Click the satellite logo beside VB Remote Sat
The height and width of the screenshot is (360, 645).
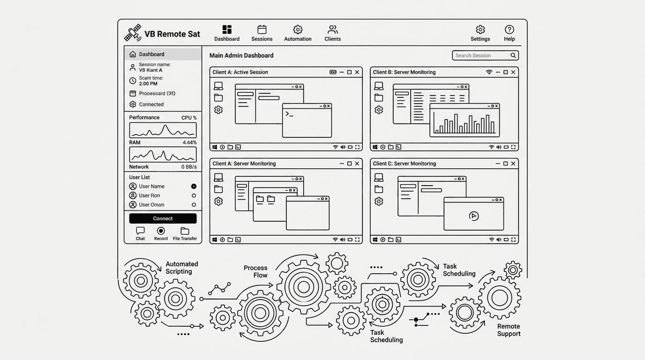pos(133,33)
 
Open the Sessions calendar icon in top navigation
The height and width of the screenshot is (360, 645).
pos(262,30)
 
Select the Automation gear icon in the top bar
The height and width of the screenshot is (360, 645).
pos(298,30)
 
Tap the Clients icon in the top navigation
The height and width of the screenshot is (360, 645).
pos(333,30)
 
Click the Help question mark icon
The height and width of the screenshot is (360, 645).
pos(509,30)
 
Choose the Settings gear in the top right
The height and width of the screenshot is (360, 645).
pos(480,30)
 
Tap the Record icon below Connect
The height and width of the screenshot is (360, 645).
pos(161,231)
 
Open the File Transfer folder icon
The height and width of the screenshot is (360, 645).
pos(185,231)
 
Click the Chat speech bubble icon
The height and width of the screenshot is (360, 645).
pos(140,231)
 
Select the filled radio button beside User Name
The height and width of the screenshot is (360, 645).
pos(194,187)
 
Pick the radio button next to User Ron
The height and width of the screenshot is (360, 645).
pos(194,195)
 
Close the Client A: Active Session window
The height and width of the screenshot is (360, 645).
pos(357,72)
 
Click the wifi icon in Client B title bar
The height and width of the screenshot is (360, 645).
pos(489,72)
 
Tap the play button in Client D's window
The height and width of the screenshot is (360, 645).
pos(473,216)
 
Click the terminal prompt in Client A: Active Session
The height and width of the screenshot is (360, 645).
pos(289,114)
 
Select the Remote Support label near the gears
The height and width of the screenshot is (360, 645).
pos(509,330)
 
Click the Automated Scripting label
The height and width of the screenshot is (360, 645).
pos(181,268)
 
